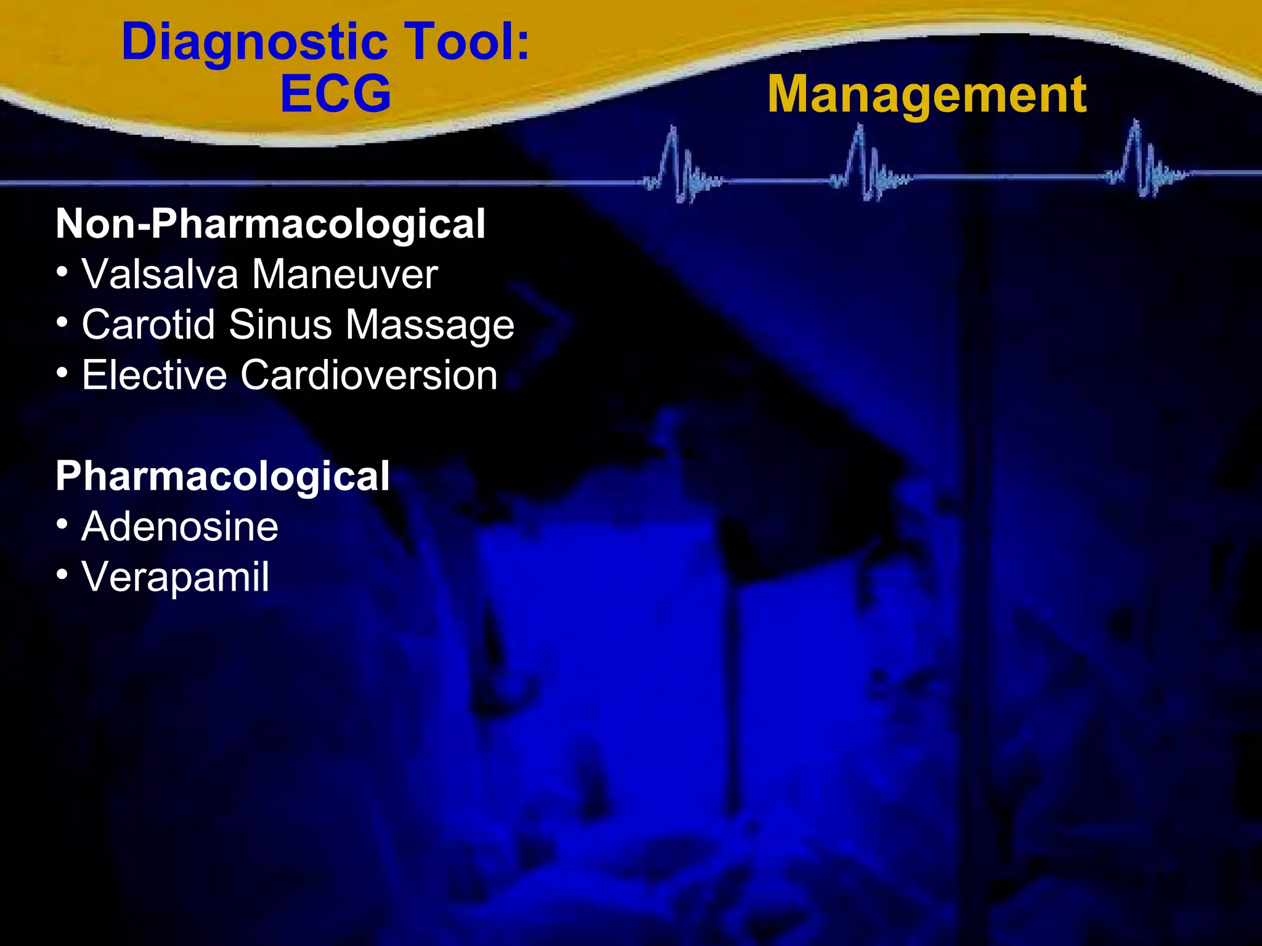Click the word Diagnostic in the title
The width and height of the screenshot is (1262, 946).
[x=254, y=42]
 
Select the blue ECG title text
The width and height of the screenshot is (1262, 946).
[x=336, y=94]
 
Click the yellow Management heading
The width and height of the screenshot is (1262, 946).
[x=927, y=94]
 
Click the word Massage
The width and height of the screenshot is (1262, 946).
[x=429, y=325]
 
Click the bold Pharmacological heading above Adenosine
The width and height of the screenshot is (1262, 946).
[x=222, y=475]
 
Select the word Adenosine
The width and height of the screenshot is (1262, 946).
[x=180, y=527]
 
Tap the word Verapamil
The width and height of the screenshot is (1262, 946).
[x=176, y=577]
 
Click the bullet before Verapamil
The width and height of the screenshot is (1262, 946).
[x=62, y=575]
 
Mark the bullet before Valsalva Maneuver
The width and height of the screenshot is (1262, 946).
[x=62, y=272]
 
